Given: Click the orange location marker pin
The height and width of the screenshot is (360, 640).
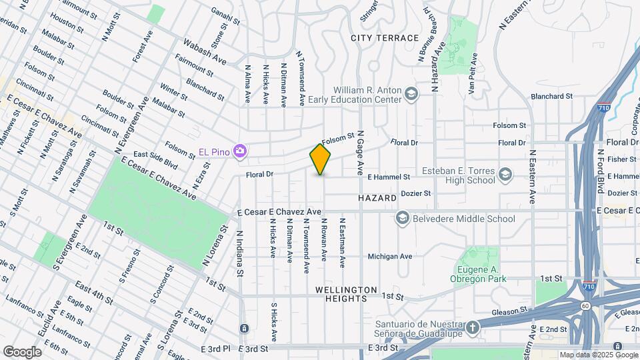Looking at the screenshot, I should pyautogui.click(x=321, y=159).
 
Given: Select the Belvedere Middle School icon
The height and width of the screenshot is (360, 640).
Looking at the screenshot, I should pyautogui.click(x=402, y=218).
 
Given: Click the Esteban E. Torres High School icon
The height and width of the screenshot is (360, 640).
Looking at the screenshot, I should pyautogui.click(x=505, y=175).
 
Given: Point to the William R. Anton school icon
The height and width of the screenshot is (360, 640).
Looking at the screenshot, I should pyautogui.click(x=411, y=93).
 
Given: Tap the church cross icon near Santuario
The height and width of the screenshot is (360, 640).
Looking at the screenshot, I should pyautogui.click(x=473, y=327).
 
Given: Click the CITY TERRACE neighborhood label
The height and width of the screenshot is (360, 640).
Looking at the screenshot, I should pyautogui.click(x=385, y=38).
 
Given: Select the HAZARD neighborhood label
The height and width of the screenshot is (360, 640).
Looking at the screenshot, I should pyautogui.click(x=377, y=198).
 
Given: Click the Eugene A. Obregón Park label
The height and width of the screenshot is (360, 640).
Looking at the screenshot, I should pyautogui.click(x=477, y=273).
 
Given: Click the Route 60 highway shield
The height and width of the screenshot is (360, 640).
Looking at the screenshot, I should pyautogui.click(x=584, y=305).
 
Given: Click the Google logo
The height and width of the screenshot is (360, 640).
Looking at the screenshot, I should pyautogui.click(x=22, y=351).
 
